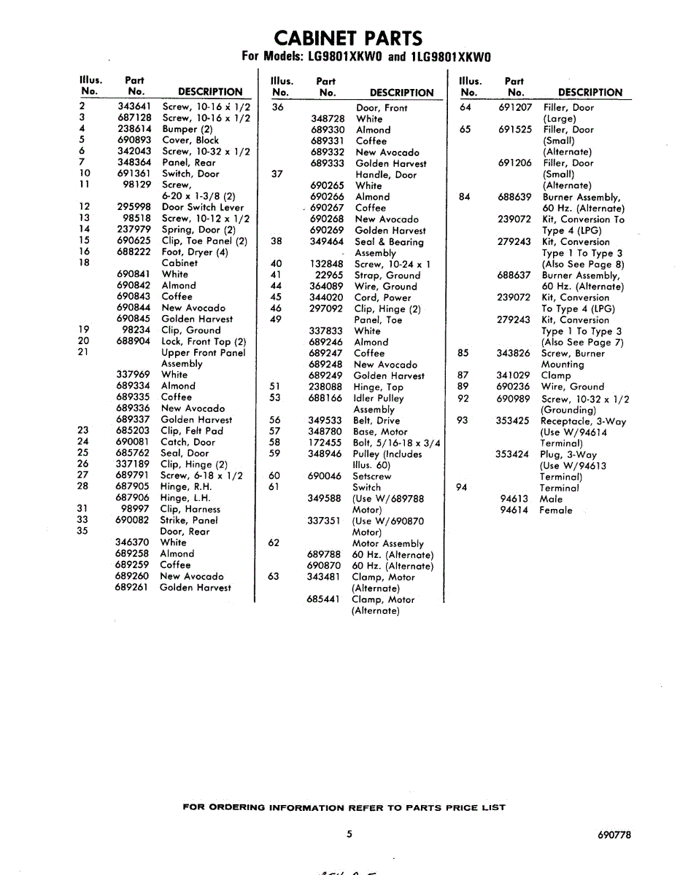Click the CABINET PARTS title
[x=347, y=38]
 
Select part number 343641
[x=134, y=106]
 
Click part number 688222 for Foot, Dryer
[x=134, y=252]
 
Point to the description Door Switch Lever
[x=203, y=207]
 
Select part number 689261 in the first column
[x=132, y=587]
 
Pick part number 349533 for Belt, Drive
[x=325, y=420]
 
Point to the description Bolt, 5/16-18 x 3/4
[x=396, y=443]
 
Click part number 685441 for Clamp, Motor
[x=324, y=599]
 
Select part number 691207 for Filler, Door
[x=515, y=107]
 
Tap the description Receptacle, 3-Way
[x=583, y=421]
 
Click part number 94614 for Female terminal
[x=514, y=510]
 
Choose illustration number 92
[x=463, y=399]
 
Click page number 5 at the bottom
[x=349, y=835]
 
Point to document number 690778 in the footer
[x=614, y=836]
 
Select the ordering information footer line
[x=343, y=807]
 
